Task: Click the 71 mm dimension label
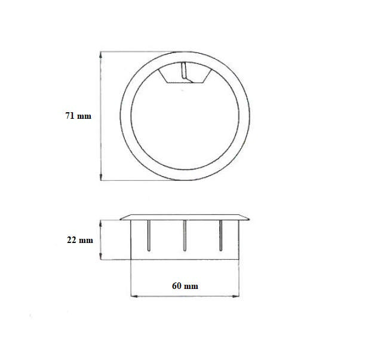[78, 116]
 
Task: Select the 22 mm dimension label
[79, 240]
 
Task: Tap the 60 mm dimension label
[185, 286]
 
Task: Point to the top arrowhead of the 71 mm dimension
[101, 54]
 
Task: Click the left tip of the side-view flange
[121, 219]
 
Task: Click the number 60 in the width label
[177, 286]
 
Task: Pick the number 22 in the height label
[71, 240]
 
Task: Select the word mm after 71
[85, 116]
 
